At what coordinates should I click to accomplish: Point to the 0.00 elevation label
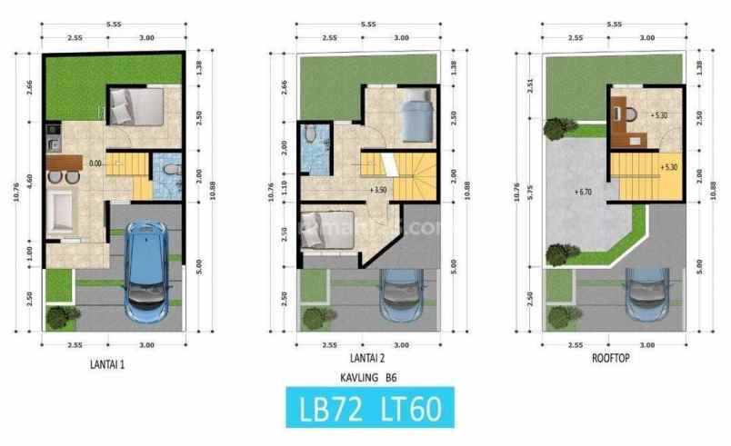(x=95, y=164)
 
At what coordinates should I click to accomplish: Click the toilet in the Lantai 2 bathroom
(x=312, y=136)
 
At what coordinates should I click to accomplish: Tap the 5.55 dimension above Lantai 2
(x=368, y=24)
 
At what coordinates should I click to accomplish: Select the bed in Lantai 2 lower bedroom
(x=322, y=228)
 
